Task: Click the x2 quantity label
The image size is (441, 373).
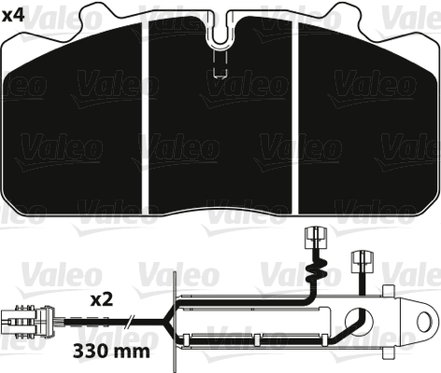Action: [x=102, y=300]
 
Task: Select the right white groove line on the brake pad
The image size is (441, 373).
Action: [x=296, y=112]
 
